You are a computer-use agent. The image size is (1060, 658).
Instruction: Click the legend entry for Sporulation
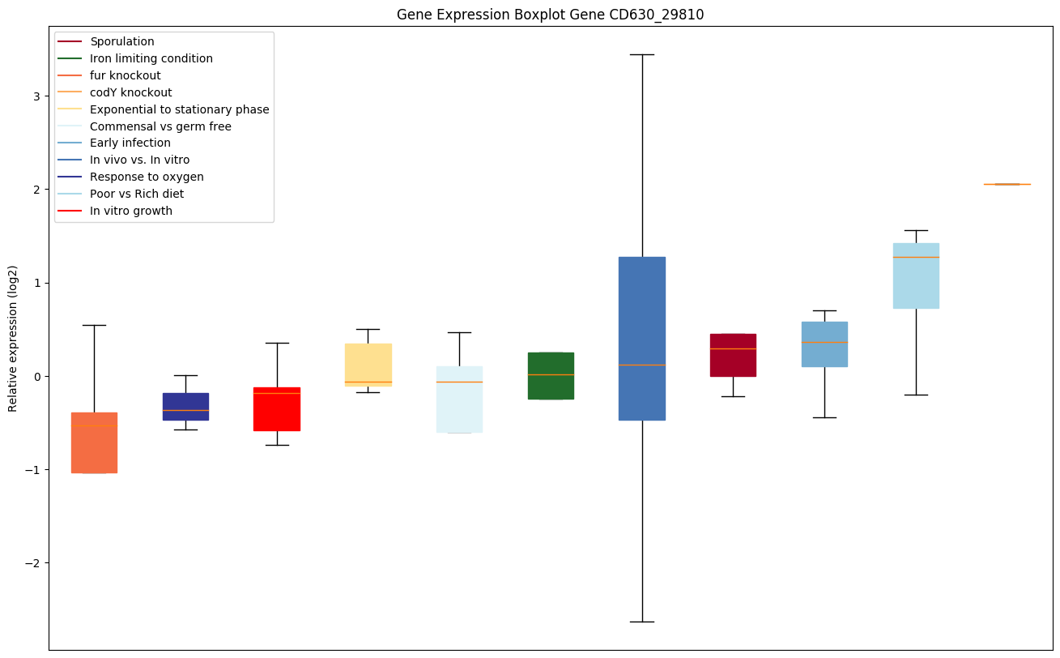(x=122, y=41)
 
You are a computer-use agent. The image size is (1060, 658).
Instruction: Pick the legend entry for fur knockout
(x=126, y=75)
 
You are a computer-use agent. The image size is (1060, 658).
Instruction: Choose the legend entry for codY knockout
(x=131, y=92)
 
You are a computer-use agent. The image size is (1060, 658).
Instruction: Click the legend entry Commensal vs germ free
(x=160, y=126)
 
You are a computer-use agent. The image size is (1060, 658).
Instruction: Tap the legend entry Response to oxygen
(x=147, y=177)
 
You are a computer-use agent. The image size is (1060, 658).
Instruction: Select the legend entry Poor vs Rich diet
(x=137, y=194)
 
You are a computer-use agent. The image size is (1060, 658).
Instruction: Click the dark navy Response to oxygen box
(x=185, y=406)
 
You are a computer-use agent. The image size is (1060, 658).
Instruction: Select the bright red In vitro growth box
(x=277, y=409)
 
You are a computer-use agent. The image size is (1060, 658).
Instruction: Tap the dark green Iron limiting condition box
(x=551, y=376)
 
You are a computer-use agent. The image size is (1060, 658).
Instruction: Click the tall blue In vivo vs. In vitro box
(x=642, y=339)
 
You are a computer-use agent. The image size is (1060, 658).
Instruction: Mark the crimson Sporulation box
(x=733, y=355)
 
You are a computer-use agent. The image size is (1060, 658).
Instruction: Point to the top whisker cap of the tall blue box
(x=642, y=54)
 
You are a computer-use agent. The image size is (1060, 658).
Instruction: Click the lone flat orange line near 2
(x=1007, y=184)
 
